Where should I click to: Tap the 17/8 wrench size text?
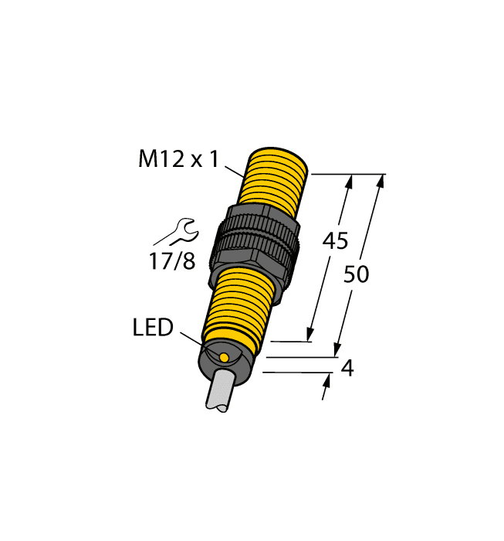tap(171, 261)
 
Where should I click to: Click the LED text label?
tap(152, 328)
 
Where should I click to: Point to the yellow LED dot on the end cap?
tap(224, 357)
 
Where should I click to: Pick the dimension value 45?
tap(334, 241)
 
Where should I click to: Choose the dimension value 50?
tap(357, 274)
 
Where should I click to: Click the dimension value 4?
tap(347, 369)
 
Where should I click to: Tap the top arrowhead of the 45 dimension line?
tap(350, 181)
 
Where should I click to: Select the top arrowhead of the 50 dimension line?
tap(380, 181)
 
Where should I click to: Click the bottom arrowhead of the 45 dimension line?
tap(310, 334)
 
